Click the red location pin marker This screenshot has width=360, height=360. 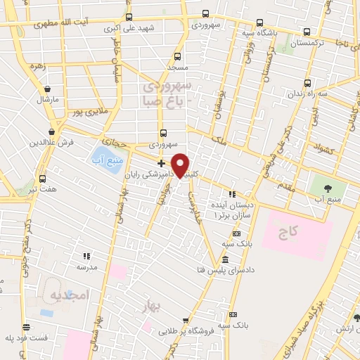coord(180,165)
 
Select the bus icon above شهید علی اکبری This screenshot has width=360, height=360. coord(128,18)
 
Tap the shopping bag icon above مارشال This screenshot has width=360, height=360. coord(46,89)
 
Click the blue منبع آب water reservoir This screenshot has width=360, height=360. coord(103,160)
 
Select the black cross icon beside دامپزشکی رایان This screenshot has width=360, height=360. coord(162,162)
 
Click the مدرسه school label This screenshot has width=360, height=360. coord(86,268)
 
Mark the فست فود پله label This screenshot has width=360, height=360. coord(27,338)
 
